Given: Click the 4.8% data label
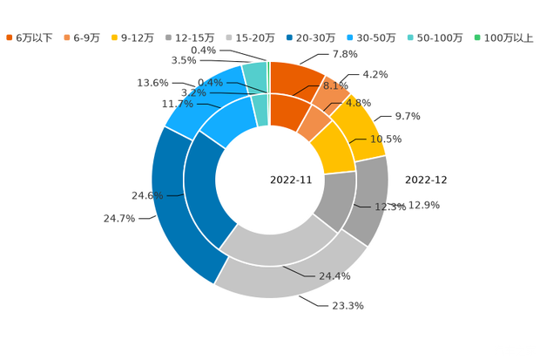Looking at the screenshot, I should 358,102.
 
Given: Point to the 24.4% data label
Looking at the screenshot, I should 334,276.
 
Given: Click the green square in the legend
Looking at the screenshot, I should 476,37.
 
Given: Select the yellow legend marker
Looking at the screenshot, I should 115,37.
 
